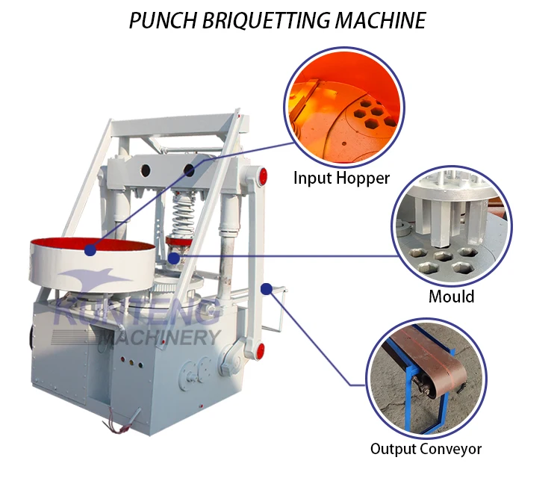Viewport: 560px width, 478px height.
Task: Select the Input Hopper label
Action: point(341,178)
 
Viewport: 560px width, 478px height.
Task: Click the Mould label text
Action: point(451,296)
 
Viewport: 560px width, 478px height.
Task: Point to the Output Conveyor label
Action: point(426,449)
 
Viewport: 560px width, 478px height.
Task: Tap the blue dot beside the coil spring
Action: point(174,258)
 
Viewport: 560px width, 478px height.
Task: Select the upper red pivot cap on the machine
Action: point(261,176)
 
